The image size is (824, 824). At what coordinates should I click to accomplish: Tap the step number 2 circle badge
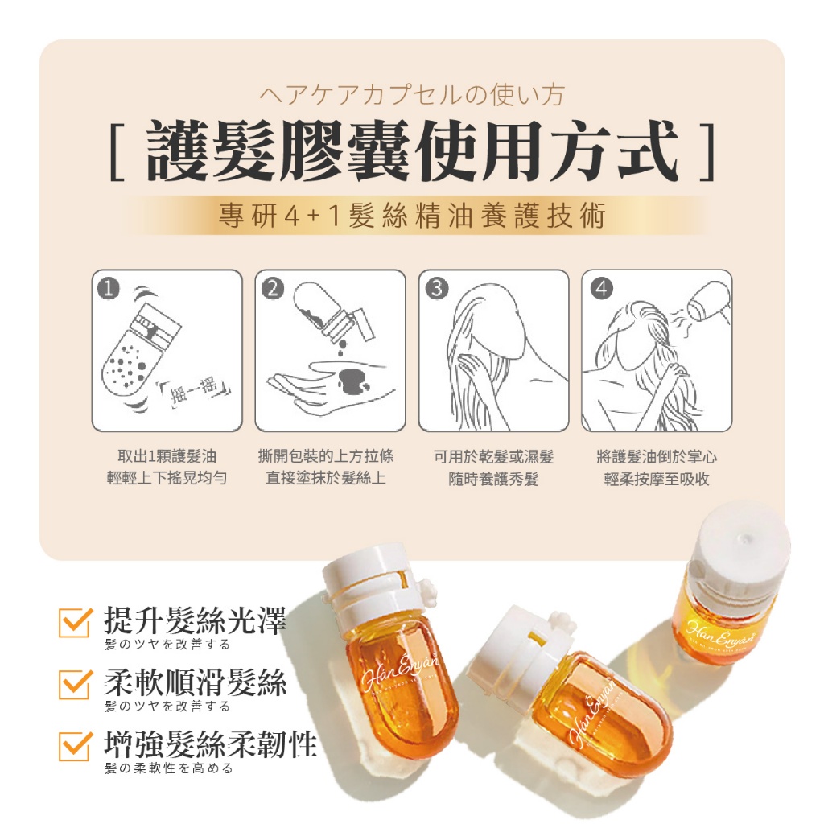coord(274,288)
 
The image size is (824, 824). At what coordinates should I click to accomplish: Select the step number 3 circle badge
coord(436,288)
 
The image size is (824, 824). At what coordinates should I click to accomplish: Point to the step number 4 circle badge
coord(600,288)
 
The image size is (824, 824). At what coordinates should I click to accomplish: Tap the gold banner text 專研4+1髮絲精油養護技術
coord(412,216)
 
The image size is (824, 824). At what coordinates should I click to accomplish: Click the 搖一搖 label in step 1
coord(196,390)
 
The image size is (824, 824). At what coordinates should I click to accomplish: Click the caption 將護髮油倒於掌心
coord(657,457)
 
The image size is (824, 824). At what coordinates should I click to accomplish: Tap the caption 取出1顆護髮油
coord(167,457)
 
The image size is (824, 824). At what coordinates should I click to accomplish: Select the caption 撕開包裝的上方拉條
coord(331,457)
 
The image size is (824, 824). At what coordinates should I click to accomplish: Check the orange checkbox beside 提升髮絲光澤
coord(76,623)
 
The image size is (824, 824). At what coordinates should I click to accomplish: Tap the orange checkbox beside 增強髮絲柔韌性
coord(76,746)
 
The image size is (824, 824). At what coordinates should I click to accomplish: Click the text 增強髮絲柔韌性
coord(211,744)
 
